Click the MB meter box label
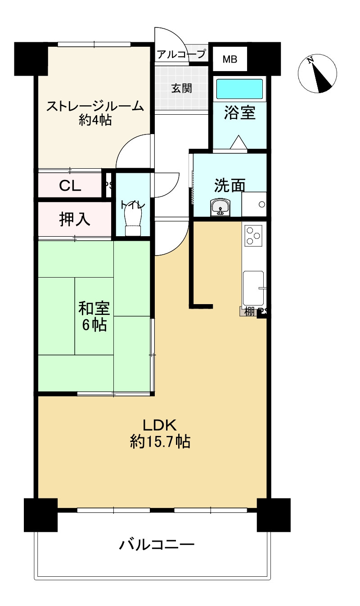230,59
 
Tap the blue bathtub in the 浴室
239,89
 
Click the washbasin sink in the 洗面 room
220,207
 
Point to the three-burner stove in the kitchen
253,236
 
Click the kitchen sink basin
253,288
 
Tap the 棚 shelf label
249,311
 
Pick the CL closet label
70,186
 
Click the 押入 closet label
75,219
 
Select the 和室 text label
94,309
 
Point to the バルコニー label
157,544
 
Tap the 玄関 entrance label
182,88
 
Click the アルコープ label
181,54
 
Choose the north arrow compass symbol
317,73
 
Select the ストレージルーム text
95,106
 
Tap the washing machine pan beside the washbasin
254,204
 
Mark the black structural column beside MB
264,59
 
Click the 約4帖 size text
95,120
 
